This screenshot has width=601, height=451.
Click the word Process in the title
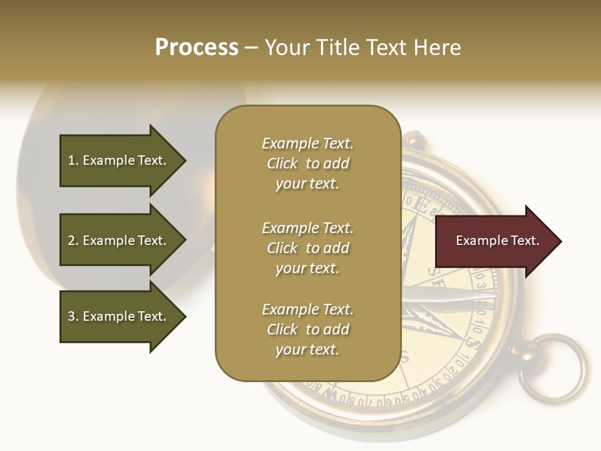coord(197,48)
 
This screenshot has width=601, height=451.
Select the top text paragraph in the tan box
coord(307,163)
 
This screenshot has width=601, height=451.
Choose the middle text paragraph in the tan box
coord(307,248)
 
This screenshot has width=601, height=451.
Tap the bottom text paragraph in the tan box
coord(307,329)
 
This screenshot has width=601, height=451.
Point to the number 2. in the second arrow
coord(73,241)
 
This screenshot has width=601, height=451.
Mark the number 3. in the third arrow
coord(73,316)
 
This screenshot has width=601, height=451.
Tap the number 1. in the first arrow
coord(73,160)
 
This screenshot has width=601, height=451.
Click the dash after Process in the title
coord(252,48)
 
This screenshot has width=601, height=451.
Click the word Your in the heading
coord(287,48)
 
